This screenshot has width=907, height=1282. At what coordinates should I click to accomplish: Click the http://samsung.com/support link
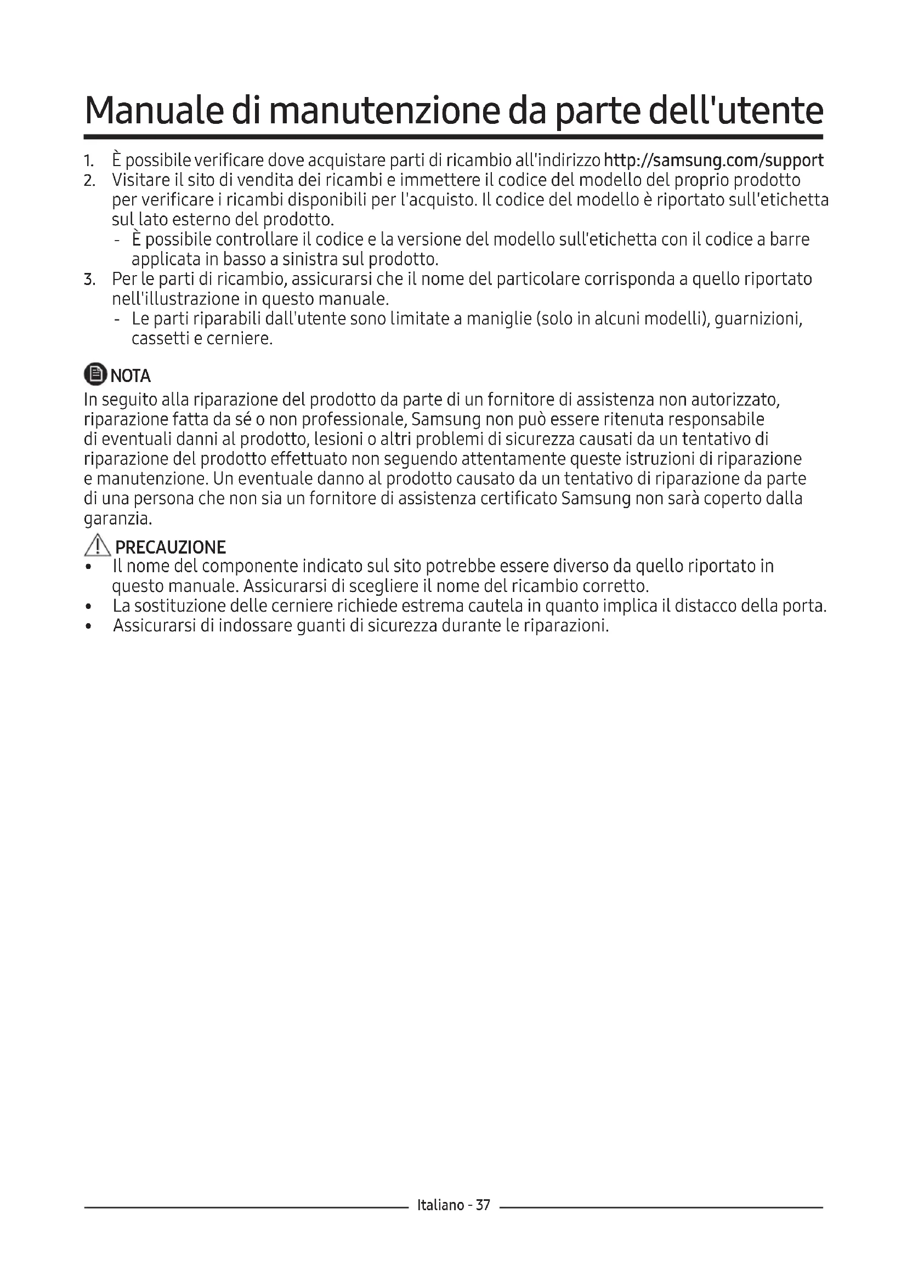click(713, 161)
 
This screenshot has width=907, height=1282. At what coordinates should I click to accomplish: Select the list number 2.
click(89, 181)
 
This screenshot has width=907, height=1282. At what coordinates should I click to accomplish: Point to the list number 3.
click(89, 279)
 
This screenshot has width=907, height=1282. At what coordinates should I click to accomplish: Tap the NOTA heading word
click(131, 376)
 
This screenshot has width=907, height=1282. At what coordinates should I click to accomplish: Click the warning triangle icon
click(98, 545)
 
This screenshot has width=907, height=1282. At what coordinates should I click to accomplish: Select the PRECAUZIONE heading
click(171, 546)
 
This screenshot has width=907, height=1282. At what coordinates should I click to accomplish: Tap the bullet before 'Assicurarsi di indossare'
click(88, 627)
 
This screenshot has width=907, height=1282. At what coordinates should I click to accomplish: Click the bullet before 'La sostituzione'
click(88, 607)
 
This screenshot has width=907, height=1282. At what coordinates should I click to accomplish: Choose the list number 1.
click(89, 161)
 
